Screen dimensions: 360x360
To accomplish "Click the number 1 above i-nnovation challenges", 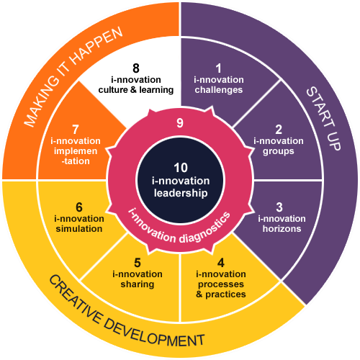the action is (218, 68).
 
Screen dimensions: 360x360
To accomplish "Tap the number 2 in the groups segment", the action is (279, 130).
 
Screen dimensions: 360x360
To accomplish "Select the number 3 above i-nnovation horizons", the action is (279, 207).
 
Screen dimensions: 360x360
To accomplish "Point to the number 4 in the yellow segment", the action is (221, 263).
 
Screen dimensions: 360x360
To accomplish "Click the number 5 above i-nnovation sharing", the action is (138, 263).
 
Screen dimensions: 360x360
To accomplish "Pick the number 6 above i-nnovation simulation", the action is (79, 207).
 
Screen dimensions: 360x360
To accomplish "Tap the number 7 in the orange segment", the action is (76, 130).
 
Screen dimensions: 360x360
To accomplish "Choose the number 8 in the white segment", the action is (136, 68).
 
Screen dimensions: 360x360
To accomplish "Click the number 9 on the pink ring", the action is (180, 123).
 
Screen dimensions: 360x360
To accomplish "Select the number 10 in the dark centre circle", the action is (181, 168).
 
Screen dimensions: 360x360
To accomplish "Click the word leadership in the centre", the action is (181, 193).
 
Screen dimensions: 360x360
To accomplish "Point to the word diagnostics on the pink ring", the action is (204, 228).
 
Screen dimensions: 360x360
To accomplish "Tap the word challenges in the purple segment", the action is (219, 90).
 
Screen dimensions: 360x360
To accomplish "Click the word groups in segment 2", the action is (279, 152).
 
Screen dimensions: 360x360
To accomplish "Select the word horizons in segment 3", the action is (282, 229).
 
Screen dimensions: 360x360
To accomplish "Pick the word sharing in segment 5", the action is (138, 284).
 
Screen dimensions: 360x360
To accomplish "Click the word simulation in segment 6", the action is (79, 229).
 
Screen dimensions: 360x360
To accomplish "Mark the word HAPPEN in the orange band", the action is (96, 46).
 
